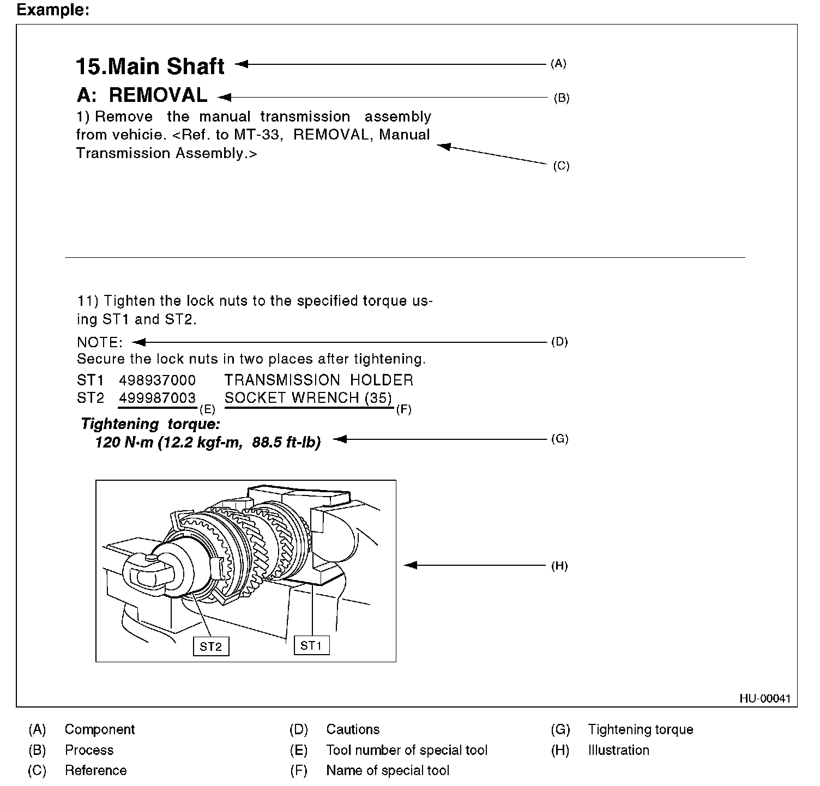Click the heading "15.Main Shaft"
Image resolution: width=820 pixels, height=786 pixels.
tap(150, 66)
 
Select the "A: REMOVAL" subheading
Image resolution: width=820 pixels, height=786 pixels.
tap(142, 95)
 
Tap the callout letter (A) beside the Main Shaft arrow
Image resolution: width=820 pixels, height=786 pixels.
tap(558, 64)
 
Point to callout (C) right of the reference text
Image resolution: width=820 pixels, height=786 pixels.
tap(561, 166)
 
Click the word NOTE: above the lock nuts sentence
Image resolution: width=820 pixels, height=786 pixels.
tap(100, 343)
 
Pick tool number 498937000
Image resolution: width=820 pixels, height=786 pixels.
tap(157, 380)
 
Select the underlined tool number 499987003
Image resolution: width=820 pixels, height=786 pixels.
tap(157, 398)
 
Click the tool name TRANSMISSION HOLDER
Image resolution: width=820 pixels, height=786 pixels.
tap(319, 380)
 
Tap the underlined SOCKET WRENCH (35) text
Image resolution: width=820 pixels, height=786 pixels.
tap(309, 398)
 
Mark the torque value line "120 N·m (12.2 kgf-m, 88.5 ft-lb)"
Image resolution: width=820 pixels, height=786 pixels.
tap(208, 442)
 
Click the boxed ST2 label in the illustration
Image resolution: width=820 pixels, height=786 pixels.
tap(211, 646)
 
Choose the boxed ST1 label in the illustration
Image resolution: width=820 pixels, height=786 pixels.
tap(311, 646)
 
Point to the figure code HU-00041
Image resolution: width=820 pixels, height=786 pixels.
tap(765, 699)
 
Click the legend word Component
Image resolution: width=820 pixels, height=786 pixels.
tap(100, 729)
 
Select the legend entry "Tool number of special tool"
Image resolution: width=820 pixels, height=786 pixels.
tap(407, 750)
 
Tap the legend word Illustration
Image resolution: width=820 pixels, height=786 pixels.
tap(618, 750)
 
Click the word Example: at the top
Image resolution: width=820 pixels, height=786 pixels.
tap(53, 10)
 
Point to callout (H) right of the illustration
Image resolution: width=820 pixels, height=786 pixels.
tap(559, 566)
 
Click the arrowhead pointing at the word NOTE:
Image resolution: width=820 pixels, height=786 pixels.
tap(138, 342)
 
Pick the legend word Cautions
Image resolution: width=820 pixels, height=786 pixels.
tap(353, 729)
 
